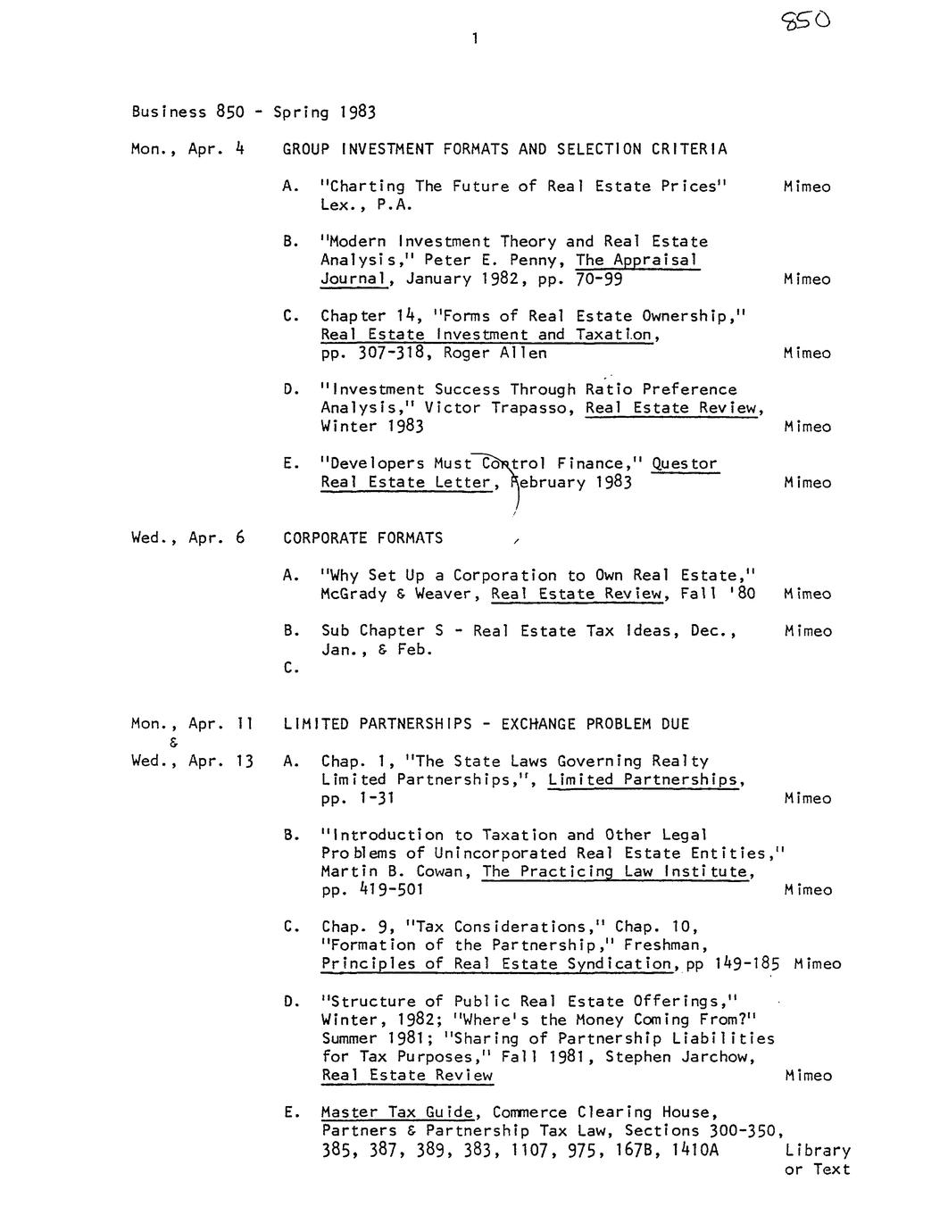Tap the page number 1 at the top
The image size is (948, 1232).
click(x=476, y=38)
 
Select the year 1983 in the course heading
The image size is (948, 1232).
click(x=356, y=112)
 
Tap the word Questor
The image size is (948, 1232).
click(x=684, y=464)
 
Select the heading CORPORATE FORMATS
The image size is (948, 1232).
click(x=362, y=538)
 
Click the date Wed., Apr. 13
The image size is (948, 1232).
click(x=192, y=762)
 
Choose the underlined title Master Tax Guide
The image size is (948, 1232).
click(x=398, y=1112)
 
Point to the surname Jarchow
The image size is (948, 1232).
click(x=718, y=1057)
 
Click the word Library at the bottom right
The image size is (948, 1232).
click(x=818, y=1151)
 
